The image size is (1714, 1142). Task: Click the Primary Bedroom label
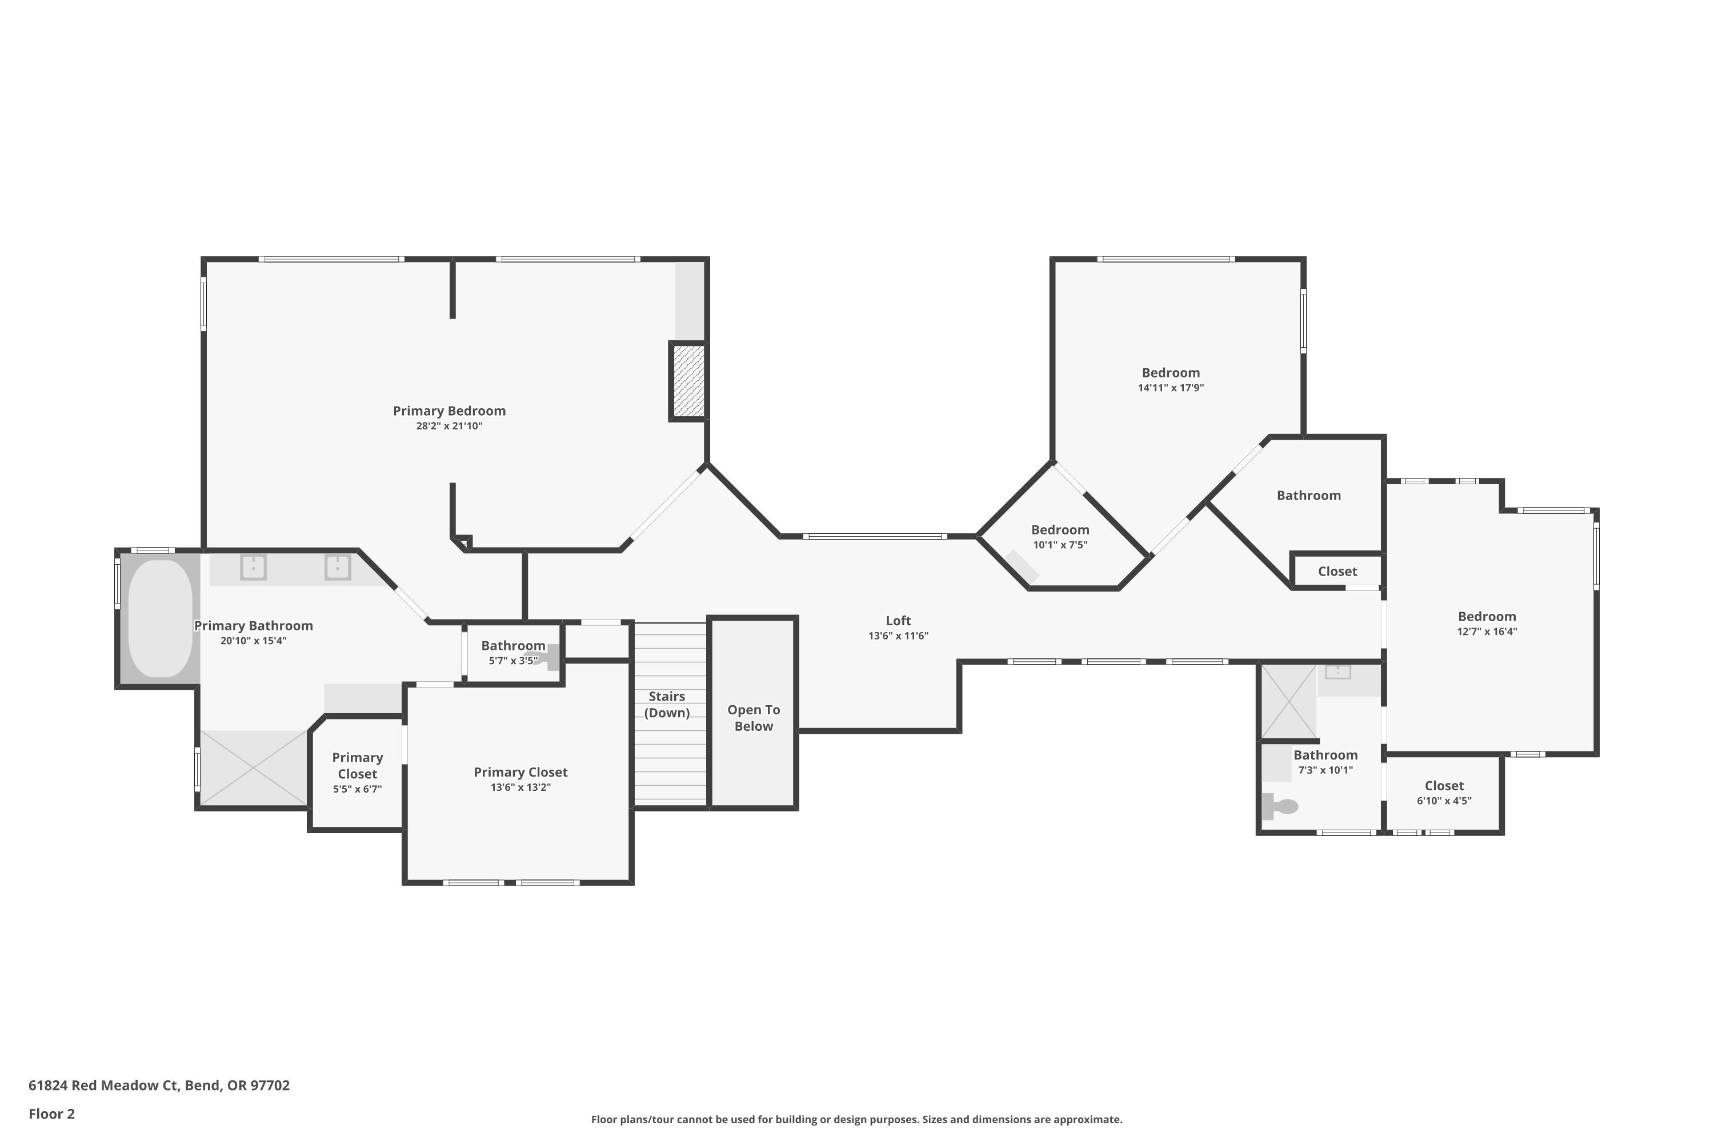449,411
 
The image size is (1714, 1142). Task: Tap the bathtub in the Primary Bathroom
161,618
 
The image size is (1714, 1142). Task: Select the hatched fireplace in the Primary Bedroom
688,381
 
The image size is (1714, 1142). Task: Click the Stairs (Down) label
667,704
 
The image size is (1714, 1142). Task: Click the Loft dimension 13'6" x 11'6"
898,636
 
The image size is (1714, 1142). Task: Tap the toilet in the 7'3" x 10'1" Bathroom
1281,806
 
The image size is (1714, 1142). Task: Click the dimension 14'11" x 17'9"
1170,388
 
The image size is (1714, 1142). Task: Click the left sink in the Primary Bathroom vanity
253,566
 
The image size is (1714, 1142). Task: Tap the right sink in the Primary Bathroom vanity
338,566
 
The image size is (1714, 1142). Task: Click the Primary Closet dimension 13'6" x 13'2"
520,787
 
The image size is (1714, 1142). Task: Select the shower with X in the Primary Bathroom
253,767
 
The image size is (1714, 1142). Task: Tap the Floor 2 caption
52,1113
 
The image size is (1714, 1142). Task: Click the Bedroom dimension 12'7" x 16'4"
1487,632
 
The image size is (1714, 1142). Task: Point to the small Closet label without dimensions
1337,572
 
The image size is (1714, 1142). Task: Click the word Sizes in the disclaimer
935,1119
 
